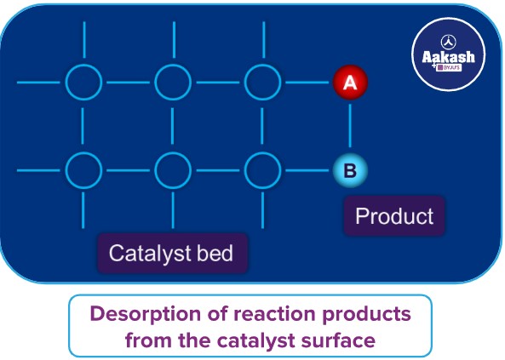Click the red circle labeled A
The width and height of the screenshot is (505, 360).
tap(349, 83)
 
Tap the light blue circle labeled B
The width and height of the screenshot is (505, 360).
tap(349, 170)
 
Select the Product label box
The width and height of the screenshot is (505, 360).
tap(394, 216)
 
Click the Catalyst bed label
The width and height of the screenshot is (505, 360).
tap(171, 253)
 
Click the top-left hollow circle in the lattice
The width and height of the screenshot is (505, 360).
tap(83, 83)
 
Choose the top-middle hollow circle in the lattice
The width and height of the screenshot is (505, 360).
tap(173, 83)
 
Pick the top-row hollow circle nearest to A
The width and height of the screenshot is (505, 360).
tap(262, 83)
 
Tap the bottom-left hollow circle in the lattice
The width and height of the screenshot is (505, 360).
tap(83, 170)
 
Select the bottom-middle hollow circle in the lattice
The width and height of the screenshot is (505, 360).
tap(173, 170)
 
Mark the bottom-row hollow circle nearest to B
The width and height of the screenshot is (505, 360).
tap(262, 170)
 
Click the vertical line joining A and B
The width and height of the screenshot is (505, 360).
tap(349, 126)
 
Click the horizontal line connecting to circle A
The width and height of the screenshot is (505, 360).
tap(307, 83)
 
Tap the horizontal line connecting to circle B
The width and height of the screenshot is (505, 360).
tap(307, 170)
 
